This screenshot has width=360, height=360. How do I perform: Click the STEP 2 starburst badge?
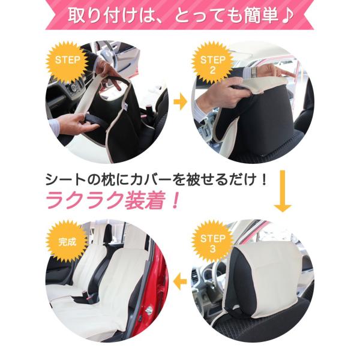[212, 63]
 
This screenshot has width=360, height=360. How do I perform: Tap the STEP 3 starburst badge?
[212, 242]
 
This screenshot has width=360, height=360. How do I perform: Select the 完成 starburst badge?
[67, 242]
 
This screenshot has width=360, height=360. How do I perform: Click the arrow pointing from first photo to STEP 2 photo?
[180, 101]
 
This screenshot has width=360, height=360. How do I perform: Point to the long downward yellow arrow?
[283, 191]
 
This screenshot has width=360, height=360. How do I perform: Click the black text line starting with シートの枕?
[156, 179]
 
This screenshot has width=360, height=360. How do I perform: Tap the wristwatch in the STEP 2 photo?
[254, 73]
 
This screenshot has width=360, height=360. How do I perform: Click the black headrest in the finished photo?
[107, 234]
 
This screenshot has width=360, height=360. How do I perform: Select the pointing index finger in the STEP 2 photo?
[284, 74]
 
